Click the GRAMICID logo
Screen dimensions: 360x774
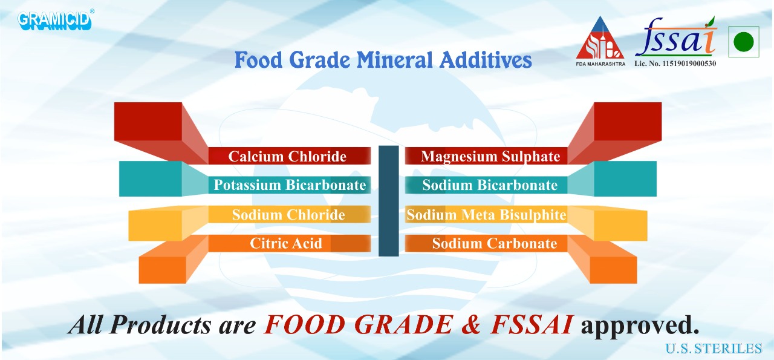pyautogui.click(x=55, y=20)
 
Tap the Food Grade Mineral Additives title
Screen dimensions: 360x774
pyautogui.click(x=383, y=61)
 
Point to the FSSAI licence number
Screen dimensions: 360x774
pyautogui.click(x=675, y=64)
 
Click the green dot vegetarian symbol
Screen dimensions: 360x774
pyautogui.click(x=743, y=42)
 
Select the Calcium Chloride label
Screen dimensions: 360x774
pyautogui.click(x=287, y=156)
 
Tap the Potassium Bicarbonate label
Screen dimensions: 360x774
pyautogui.click(x=290, y=185)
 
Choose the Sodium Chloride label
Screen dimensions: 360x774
pyautogui.click(x=288, y=215)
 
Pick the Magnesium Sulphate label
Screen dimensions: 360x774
pyautogui.click(x=490, y=156)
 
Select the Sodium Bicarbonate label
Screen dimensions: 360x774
pyautogui.click(x=490, y=185)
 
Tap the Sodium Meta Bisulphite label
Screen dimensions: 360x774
pyautogui.click(x=486, y=215)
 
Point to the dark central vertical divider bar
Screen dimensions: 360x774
pyautogui.click(x=388, y=200)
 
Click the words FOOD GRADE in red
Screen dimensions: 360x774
pyautogui.click(x=358, y=326)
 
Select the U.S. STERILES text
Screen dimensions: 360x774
pyautogui.click(x=714, y=349)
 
